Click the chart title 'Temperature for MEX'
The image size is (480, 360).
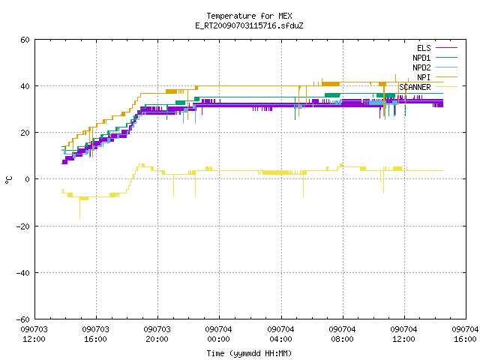click(249, 16)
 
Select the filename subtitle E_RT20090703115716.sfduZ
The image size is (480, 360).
click(249, 25)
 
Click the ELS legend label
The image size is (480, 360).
click(424, 48)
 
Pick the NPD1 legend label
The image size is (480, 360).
click(421, 58)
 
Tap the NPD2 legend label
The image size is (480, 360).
click(421, 67)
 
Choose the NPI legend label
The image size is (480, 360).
click(424, 77)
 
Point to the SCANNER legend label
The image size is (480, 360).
click(415, 87)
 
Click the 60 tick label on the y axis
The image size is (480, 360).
click(25, 40)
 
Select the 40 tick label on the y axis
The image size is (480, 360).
click(25, 86)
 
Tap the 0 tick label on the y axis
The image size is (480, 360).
click(28, 179)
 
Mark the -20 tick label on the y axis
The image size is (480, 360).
click(23, 226)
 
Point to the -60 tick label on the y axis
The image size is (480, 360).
click(23, 319)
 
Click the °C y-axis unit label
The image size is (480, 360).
click(9, 180)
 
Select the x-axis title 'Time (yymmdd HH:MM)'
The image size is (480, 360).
click(249, 353)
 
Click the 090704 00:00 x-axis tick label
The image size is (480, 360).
click(218, 334)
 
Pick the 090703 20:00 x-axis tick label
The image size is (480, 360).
click(157, 334)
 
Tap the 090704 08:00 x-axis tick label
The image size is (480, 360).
click(342, 334)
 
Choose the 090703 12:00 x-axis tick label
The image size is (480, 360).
click(34, 334)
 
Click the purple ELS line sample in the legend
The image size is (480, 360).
click(446, 48)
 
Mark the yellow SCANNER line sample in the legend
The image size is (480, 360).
click(446, 87)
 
